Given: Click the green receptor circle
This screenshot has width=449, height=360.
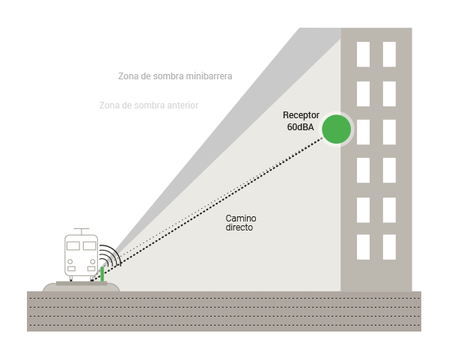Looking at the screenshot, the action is pos(337,129).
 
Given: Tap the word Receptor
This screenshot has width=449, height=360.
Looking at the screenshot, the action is pos(301,115).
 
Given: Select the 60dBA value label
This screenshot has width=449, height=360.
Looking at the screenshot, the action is pos(300,127).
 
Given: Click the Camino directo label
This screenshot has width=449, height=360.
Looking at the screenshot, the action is pos(240,223).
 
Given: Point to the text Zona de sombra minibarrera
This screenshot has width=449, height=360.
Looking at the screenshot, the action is pos(175,76).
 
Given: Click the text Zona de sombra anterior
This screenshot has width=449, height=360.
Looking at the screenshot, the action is pos(149,106).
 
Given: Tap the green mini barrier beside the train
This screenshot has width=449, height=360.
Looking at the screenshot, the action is pos(103,274).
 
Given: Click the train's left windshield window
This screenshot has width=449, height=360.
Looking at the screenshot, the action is pos(73,245).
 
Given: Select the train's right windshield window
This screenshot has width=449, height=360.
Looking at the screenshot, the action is pos(89,245).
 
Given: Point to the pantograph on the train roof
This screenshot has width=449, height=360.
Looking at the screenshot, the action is pos(82,231).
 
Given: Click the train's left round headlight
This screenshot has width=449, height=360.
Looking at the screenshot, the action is pos(70,262).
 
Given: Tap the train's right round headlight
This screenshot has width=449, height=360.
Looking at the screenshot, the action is pos(93,262).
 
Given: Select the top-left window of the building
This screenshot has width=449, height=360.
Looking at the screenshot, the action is pos(363,55).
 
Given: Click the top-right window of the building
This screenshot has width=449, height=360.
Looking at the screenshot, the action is pos(389,55).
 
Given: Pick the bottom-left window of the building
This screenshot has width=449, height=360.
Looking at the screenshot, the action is pos(363,247).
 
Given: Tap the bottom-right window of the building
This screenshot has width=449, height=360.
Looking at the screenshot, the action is pos(389,247).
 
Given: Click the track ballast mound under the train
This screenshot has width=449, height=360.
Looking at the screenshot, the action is pos(81,288).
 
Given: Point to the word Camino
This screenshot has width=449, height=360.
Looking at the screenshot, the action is pos(241,219).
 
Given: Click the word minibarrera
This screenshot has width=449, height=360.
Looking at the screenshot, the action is pos(209,76).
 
